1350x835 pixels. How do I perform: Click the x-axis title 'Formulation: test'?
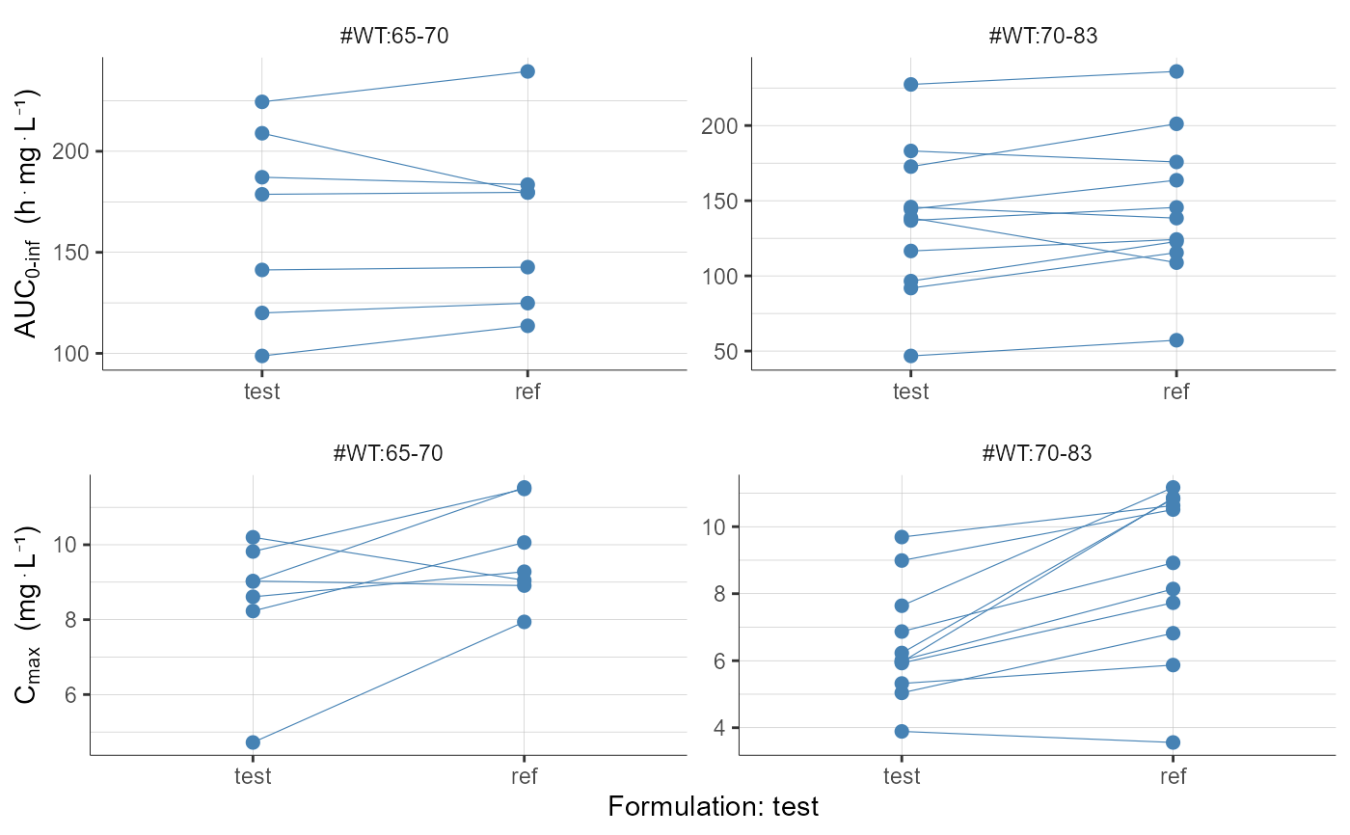pos(713,806)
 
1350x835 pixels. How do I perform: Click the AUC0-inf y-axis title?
pos(29,213)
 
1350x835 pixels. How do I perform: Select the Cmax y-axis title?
pos(29,615)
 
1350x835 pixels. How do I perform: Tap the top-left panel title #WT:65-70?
pos(394,36)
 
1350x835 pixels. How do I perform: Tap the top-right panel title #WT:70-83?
pos(1042,36)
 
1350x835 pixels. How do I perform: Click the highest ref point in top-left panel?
pos(527,71)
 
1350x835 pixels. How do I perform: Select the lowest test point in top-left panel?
pos(261,356)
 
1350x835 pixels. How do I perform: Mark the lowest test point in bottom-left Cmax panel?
pos(253,742)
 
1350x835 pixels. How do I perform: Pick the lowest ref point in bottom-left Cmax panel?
pos(524,622)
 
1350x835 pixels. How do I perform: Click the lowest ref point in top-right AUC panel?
pos(1176,340)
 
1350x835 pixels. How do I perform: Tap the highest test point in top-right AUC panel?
pos(911,85)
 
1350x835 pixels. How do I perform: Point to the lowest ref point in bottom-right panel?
pos(1173,742)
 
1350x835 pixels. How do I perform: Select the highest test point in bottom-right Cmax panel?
pos(902,537)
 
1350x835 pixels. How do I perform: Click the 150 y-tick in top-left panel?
pos(75,253)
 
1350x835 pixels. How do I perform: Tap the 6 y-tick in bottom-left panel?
pos(70,695)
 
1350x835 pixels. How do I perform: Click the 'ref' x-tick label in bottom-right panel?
pos(1173,776)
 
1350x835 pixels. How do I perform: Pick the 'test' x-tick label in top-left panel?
pos(261,391)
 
